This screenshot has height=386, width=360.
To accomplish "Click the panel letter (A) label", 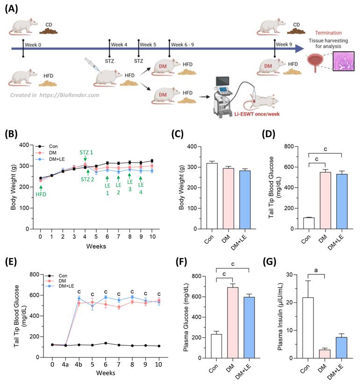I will coord(13,10).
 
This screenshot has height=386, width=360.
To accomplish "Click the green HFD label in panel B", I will coord(41,194).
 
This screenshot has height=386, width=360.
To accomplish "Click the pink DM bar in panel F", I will coord(231,323).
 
